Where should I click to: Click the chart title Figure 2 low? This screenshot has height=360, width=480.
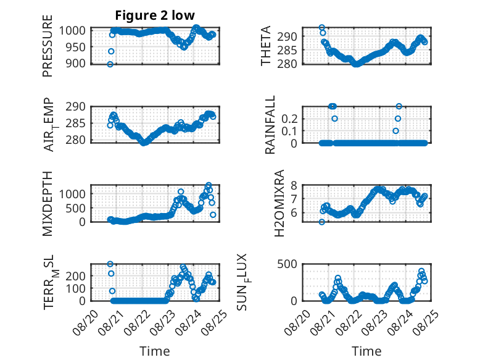[155, 15]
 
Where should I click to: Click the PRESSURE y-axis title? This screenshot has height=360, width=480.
[48, 46]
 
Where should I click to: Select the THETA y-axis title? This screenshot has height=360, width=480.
[266, 46]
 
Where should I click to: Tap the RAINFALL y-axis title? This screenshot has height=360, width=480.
[270, 125]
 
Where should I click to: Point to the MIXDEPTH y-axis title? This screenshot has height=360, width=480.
[48, 204]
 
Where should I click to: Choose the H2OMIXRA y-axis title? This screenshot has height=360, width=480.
[279, 203]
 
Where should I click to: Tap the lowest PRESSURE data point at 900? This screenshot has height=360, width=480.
[110, 64]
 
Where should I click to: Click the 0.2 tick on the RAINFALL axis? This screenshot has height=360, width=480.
[289, 119]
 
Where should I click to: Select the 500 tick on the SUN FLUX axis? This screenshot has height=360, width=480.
[287, 264]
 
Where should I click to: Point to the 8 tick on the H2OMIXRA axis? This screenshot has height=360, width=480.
[294, 185]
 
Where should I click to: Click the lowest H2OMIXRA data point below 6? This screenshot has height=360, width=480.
[321, 222]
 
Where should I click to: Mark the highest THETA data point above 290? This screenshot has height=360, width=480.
[321, 28]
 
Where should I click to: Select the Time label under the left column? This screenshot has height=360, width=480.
[155, 351]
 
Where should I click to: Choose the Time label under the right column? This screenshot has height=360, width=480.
[366, 351]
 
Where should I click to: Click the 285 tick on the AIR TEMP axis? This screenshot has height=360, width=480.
[75, 123]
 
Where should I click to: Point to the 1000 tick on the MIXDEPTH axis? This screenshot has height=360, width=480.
[72, 194]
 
